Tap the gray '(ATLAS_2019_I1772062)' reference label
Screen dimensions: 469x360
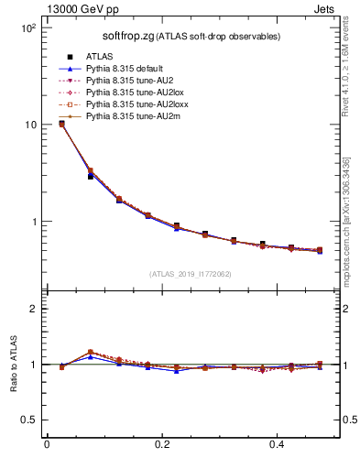[x=191, y=273]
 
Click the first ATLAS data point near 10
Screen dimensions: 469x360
[x=61, y=124]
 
